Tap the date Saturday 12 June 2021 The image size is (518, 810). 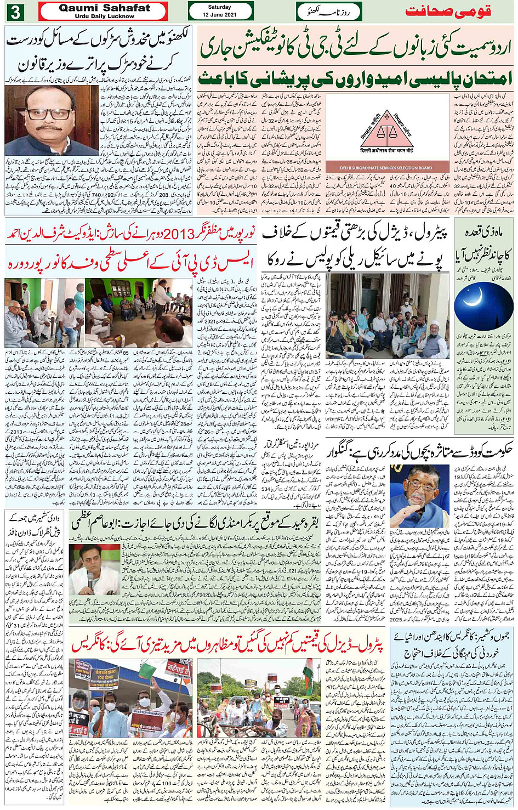point(220,11)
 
